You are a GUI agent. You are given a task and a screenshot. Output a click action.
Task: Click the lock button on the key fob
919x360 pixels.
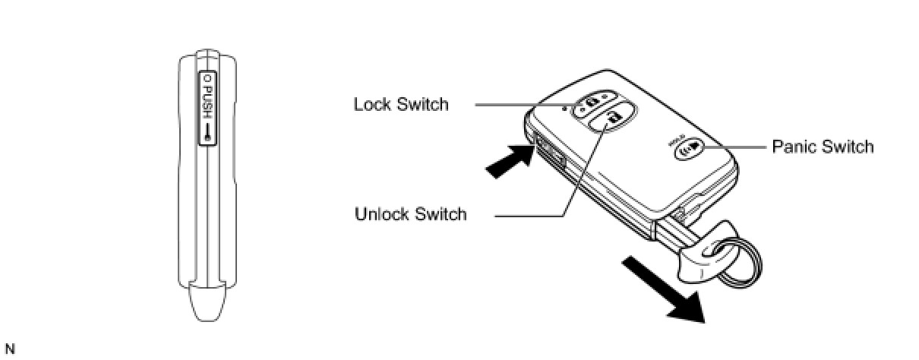tap(592, 101)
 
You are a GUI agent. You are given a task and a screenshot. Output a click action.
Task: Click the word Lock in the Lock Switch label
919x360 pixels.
tap(372, 104)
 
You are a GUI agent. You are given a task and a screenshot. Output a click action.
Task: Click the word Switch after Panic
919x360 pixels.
tap(848, 147)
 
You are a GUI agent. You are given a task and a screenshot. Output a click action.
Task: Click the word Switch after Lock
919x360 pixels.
tap(422, 104)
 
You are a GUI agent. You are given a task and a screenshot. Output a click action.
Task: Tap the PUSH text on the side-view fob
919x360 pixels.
tap(207, 99)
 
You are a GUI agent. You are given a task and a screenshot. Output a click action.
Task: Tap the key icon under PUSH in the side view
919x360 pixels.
tap(207, 130)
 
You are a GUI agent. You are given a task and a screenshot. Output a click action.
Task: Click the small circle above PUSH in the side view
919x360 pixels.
tap(207, 78)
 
